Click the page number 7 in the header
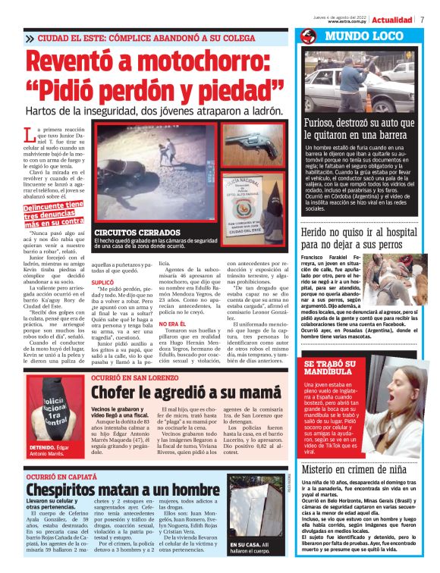(x=423, y=20)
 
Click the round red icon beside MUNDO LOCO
(x=307, y=36)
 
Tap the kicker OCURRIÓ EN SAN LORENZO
(x=130, y=377)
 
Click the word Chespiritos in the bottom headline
(x=71, y=490)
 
